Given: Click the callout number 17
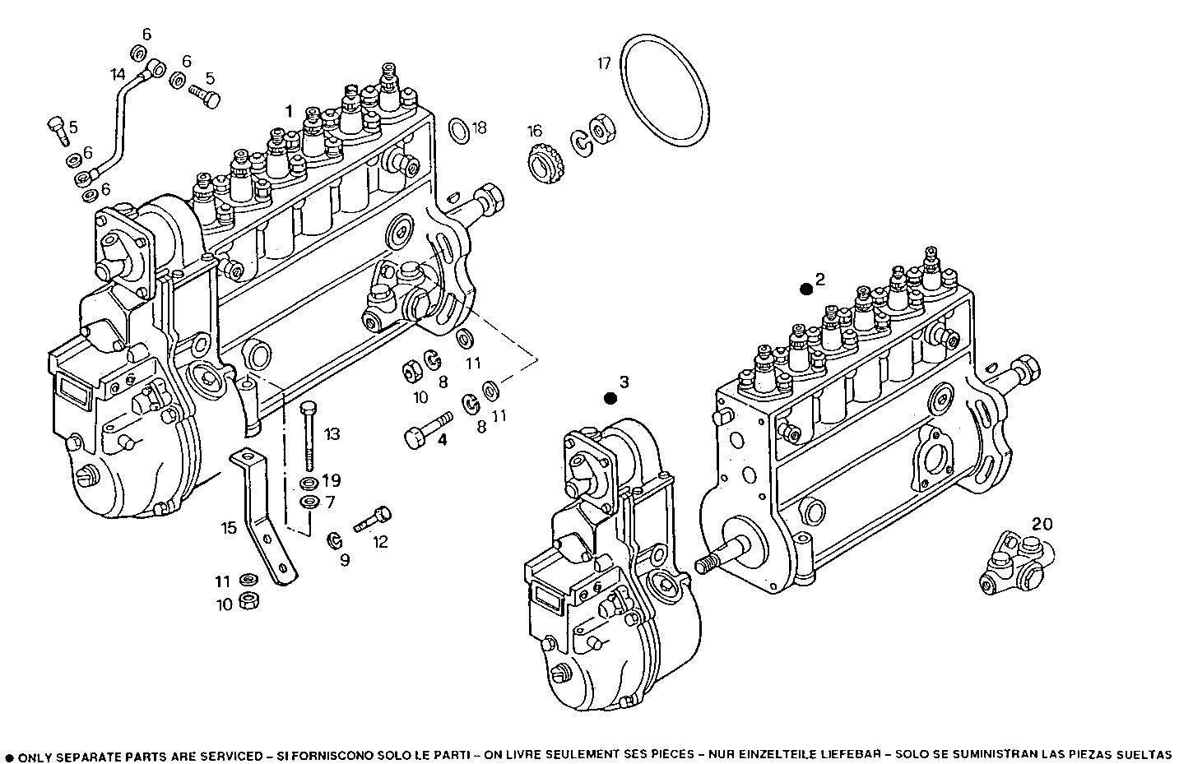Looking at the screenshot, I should click(604, 63).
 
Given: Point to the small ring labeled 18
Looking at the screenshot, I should click(459, 128).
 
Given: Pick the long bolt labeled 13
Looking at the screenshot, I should click(309, 436).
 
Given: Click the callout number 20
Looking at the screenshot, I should click(1042, 524).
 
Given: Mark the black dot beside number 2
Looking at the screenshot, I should click(806, 289).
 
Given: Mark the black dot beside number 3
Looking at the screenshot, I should click(610, 399).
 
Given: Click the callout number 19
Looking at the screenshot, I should click(331, 480).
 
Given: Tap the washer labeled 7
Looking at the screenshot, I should click(309, 502).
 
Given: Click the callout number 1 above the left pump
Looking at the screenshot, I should click(289, 110).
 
